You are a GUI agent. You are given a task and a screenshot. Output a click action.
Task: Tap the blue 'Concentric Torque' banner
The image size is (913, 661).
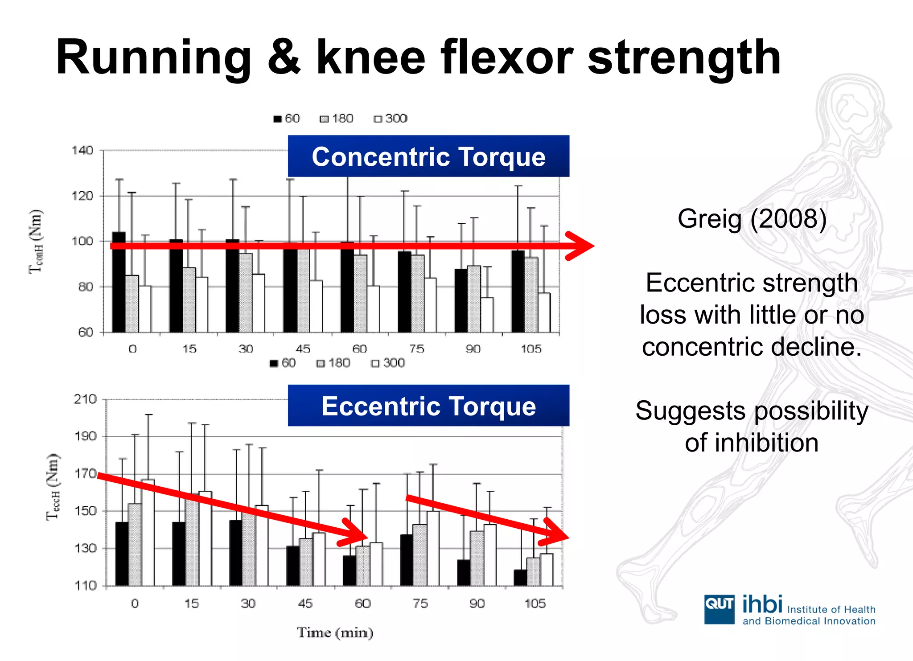(x=428, y=156)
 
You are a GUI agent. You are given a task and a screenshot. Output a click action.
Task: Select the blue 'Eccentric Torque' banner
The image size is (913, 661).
(x=428, y=406)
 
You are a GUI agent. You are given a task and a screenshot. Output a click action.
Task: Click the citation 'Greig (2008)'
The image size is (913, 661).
(x=752, y=219)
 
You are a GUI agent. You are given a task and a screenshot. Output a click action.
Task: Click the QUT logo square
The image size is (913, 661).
(x=719, y=609)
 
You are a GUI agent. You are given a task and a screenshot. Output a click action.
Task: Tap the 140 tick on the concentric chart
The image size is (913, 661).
(x=82, y=150)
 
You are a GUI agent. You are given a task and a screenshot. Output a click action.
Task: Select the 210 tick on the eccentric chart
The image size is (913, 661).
(x=85, y=399)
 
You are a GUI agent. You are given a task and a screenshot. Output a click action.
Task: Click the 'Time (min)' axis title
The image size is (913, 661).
(x=335, y=632)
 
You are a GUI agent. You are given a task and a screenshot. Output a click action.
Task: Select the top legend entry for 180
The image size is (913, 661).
(x=337, y=119)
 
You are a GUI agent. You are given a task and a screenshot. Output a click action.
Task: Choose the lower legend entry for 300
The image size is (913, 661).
(x=388, y=363)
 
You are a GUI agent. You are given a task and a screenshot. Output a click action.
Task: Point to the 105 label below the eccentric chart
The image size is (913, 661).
(x=535, y=604)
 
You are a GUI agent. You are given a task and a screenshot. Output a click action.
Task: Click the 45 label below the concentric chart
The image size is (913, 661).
(x=303, y=349)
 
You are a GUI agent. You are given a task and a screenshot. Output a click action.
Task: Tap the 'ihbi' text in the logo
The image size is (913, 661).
(x=762, y=604)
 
